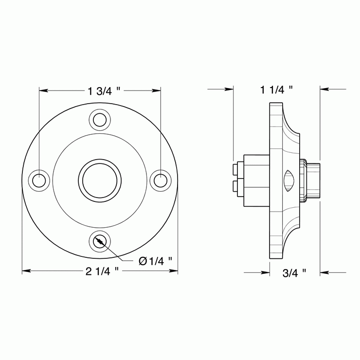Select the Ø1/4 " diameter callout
155,261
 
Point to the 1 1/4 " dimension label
276,90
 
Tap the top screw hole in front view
100,119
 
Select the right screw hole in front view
160,180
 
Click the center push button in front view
100,180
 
